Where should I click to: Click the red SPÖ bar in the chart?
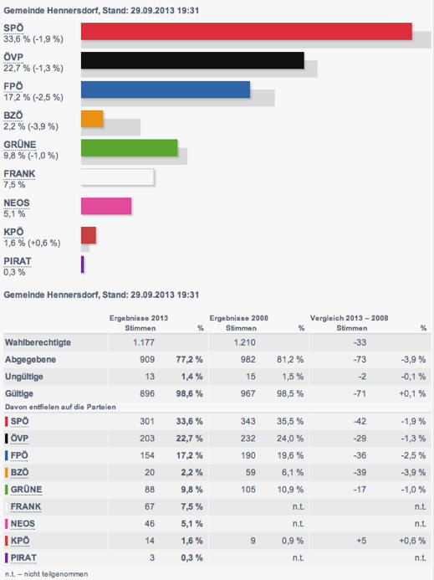[246, 31]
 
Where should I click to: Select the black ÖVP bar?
[192, 60]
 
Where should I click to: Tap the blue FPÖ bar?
[166, 90]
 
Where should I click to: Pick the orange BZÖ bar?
[92, 119]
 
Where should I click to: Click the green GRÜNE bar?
[129, 147]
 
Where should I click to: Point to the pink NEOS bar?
[106, 206]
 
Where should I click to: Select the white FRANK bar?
[117, 177]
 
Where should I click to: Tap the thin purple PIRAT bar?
[83, 264]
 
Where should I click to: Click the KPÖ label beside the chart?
[13, 232]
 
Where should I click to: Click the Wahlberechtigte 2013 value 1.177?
[144, 342]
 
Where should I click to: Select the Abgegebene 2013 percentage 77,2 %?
[189, 360]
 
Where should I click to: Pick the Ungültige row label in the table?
[24, 377]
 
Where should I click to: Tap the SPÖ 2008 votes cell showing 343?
[248, 421]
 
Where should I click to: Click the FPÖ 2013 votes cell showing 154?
[147, 455]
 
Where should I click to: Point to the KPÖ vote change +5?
[361, 541]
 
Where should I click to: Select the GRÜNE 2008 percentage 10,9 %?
[290, 490]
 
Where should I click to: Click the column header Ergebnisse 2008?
[239, 318]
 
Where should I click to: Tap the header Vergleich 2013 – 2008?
[349, 318]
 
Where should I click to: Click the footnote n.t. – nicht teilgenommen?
[47, 574]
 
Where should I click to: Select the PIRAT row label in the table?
[23, 557]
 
